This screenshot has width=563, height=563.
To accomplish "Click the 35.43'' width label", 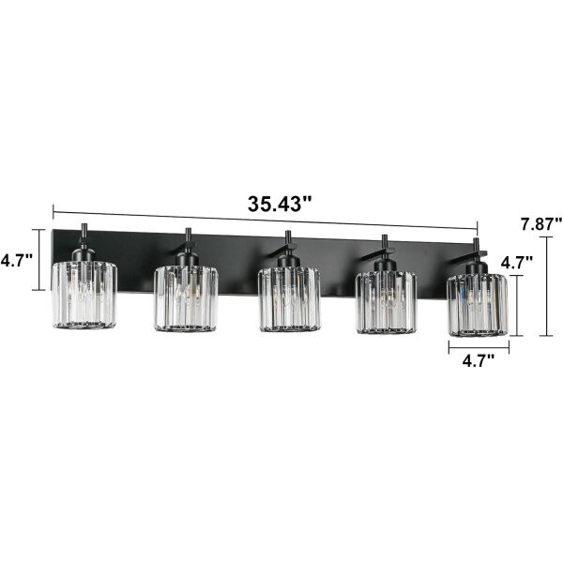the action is coord(280,205).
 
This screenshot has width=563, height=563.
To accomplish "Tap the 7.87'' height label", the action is coord(541,224).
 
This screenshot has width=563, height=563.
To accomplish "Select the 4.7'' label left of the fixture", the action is coord(17,260).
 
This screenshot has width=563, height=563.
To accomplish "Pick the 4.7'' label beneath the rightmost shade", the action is coord(479,361).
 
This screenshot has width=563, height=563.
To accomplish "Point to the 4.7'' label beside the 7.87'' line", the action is coord(517,263).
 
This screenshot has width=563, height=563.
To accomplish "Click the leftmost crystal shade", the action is coord(84,295).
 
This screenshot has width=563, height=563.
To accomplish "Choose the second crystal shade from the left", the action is coord(186,298).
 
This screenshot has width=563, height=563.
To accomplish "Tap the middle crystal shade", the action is coord(289,299).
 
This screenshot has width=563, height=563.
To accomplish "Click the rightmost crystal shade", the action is coord(478,305).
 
